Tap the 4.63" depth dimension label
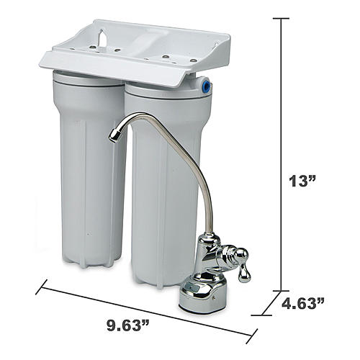[302, 303]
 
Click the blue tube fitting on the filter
[206, 84]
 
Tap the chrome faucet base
[203, 297]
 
